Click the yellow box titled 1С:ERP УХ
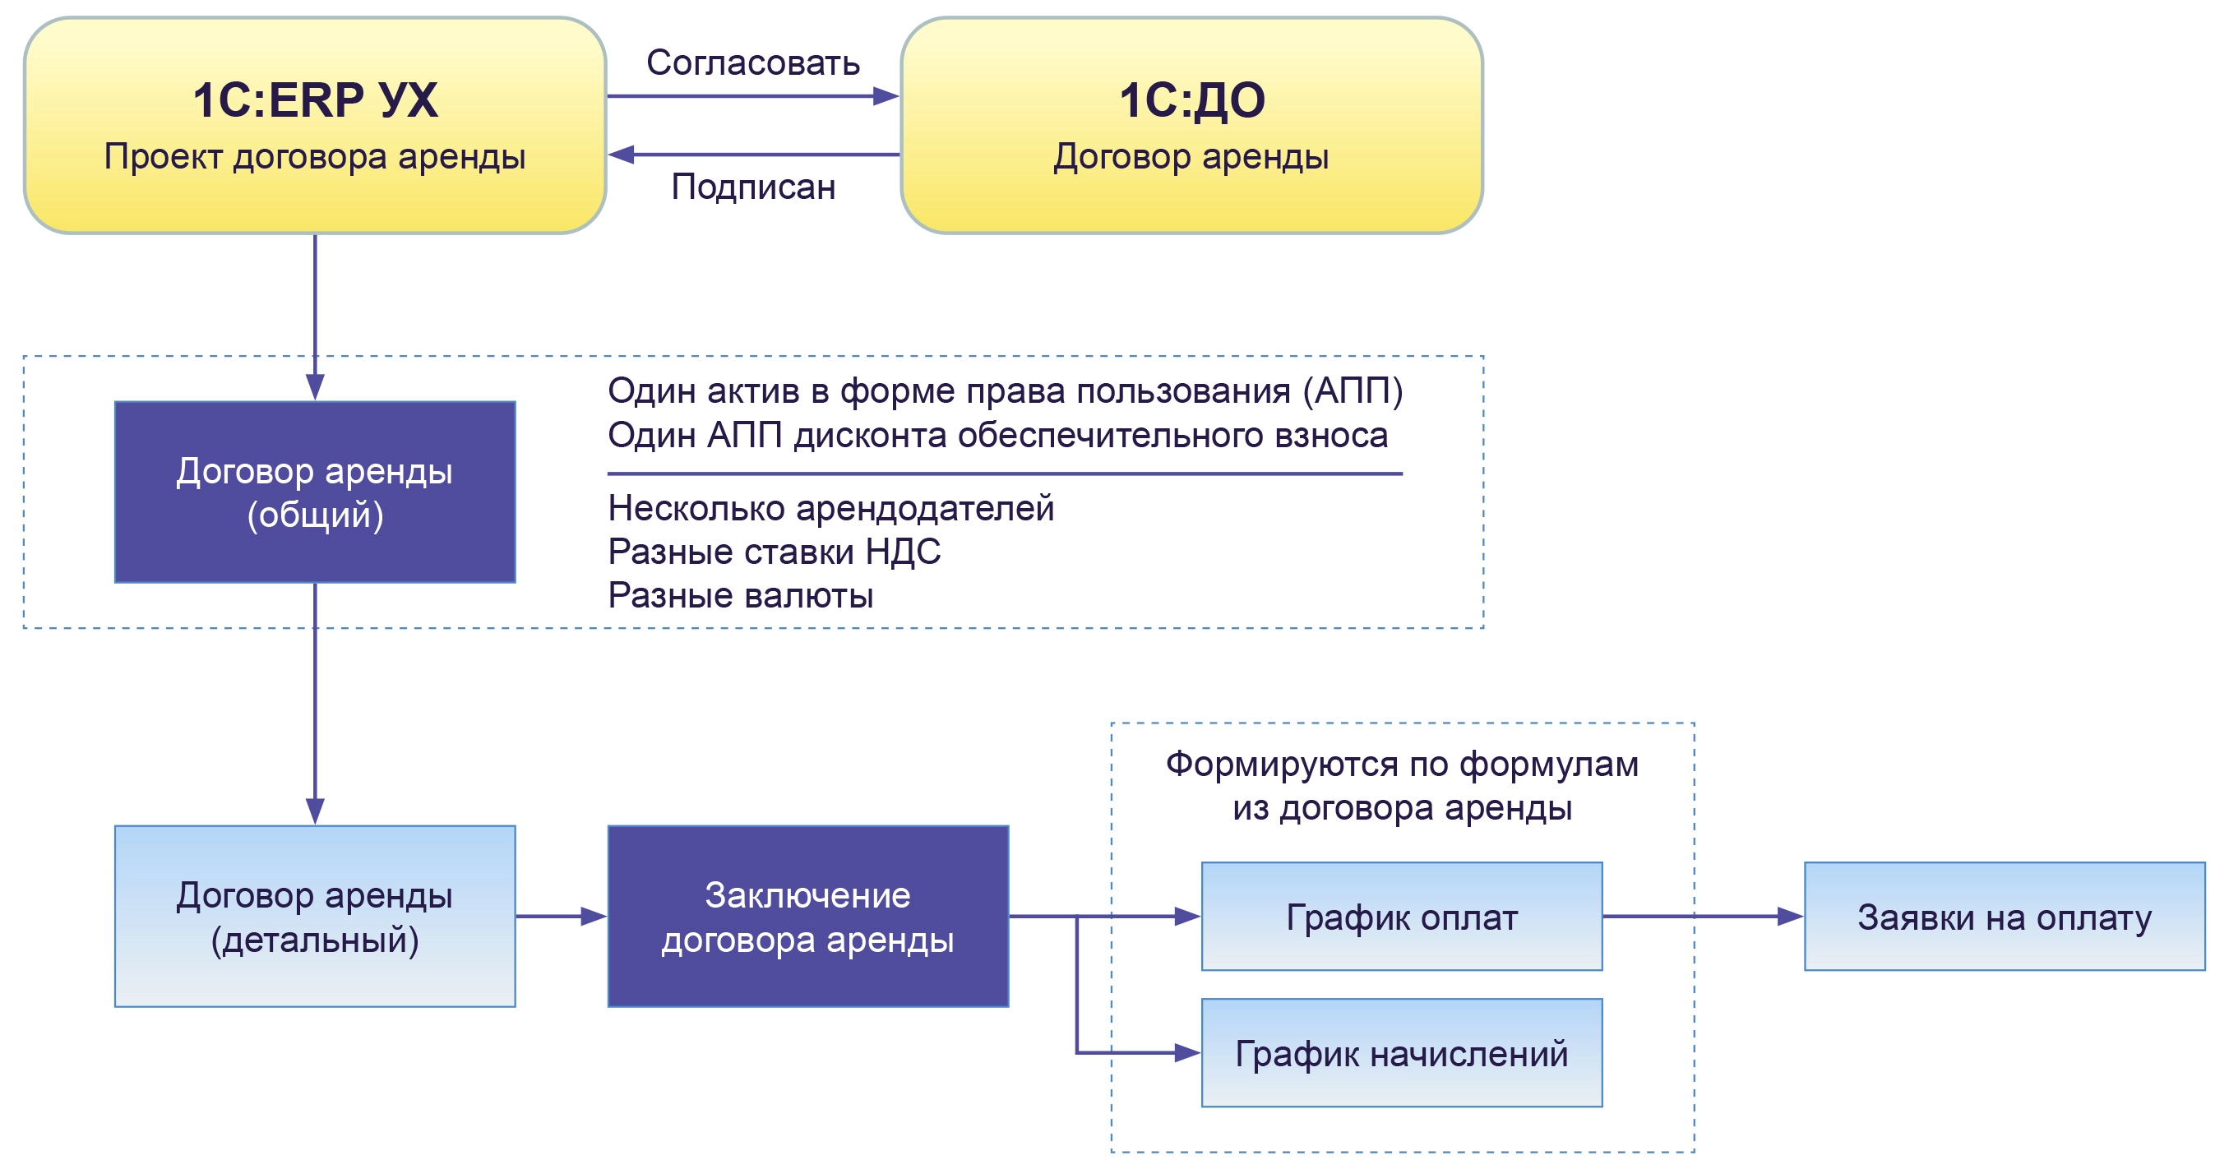(x=314, y=126)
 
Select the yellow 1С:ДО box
(x=1191, y=126)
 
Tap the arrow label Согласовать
(x=753, y=63)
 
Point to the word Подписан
(x=753, y=187)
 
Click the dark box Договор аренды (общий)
(x=315, y=492)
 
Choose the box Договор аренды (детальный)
(x=315, y=917)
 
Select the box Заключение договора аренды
(x=807, y=917)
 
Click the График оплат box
(x=1401, y=917)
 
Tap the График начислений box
(x=1401, y=1053)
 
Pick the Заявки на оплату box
(x=2004, y=917)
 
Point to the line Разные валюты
(x=740, y=596)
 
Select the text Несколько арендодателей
(x=830, y=508)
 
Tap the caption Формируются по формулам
(x=1402, y=764)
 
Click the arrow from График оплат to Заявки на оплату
(x=1702, y=917)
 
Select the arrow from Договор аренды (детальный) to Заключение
(x=561, y=917)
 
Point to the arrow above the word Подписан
(x=753, y=155)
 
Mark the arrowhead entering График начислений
(x=1187, y=1053)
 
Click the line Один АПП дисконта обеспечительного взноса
(x=997, y=435)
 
